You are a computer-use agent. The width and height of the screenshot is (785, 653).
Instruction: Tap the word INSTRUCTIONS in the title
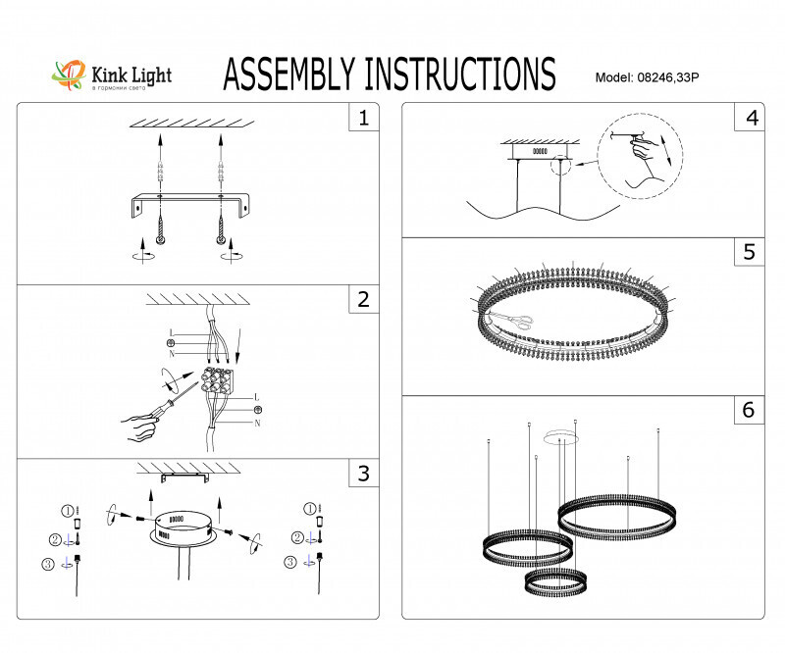pyautogui.click(x=460, y=75)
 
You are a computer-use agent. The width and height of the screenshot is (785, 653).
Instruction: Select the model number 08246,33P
pyautogui.click(x=673, y=76)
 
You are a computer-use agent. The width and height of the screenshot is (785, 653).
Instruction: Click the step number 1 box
pyautogui.click(x=364, y=119)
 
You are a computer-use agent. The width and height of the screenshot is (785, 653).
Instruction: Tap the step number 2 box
pyautogui.click(x=364, y=299)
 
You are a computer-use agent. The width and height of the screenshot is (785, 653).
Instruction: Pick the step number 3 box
pyautogui.click(x=364, y=474)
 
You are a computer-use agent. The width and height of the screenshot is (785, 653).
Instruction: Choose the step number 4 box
pyautogui.click(x=752, y=119)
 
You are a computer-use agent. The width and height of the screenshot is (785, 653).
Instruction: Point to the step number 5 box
pyautogui.click(x=752, y=252)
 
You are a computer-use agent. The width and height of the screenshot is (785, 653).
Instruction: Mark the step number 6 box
pyautogui.click(x=752, y=410)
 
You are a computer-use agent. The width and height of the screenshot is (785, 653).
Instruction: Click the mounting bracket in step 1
pyautogui.click(x=187, y=208)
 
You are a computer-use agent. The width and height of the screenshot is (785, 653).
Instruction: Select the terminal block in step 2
pyautogui.click(x=218, y=378)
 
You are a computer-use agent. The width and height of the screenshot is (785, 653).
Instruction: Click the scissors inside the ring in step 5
pyautogui.click(x=510, y=320)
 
